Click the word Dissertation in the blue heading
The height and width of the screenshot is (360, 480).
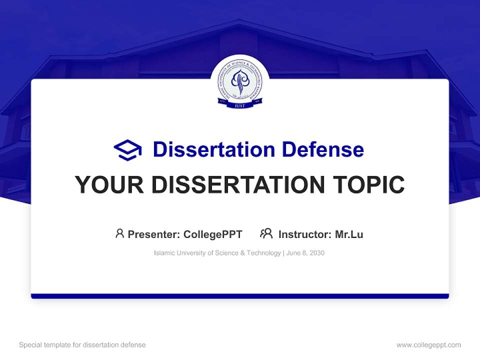pyautogui.click(x=214, y=149)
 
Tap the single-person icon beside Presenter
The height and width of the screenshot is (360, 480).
pyautogui.click(x=119, y=233)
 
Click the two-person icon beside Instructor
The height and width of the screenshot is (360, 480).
pyautogui.click(x=266, y=233)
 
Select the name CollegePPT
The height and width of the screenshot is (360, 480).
pyautogui.click(x=213, y=234)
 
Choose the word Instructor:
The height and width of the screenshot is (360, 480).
pyautogui.click(x=304, y=234)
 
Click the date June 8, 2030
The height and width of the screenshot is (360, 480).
pyautogui.click(x=305, y=253)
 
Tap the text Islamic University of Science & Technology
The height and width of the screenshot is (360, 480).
pyautogui.click(x=217, y=253)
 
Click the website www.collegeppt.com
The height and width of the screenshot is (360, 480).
pyautogui.click(x=428, y=345)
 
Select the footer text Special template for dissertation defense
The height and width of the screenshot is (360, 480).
pyautogui.click(x=82, y=345)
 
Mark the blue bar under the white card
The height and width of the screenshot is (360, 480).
pyautogui.click(x=240, y=296)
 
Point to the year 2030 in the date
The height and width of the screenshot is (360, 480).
pyautogui.click(x=316, y=253)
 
